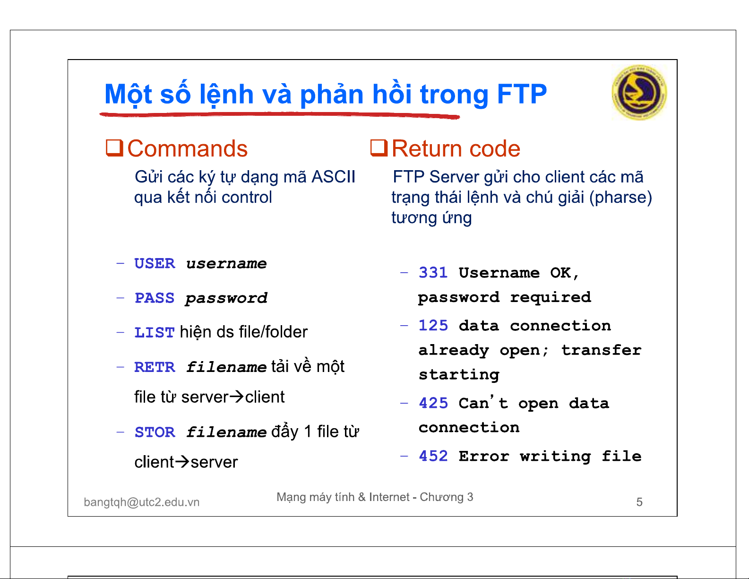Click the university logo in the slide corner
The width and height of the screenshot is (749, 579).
tap(639, 92)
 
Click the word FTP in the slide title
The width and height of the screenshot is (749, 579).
tap(522, 94)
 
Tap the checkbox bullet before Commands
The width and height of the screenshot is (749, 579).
tap(114, 148)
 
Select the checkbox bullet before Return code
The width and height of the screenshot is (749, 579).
tap(379, 148)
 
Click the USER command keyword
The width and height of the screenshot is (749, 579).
tap(155, 264)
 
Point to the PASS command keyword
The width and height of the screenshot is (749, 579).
tap(155, 298)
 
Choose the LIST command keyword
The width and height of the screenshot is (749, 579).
tap(155, 333)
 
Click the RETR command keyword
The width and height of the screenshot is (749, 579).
tap(155, 367)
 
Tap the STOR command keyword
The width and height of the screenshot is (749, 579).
tap(155, 432)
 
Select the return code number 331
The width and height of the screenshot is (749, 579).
tap(433, 273)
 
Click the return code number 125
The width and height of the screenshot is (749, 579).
tap(433, 326)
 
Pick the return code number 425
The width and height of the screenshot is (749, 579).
tap(433, 403)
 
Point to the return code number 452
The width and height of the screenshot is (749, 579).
tap(433, 456)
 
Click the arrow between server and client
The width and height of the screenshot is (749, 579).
tap(237, 397)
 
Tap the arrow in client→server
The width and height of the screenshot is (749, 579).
tap(182, 462)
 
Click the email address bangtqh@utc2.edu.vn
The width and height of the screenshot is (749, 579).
tap(142, 502)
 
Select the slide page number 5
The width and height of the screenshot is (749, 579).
tap(639, 502)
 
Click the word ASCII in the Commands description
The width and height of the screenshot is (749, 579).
tap(333, 177)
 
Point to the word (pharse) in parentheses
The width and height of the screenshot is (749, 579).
tap(620, 198)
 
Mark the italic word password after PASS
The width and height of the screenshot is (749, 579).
tap(226, 298)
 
